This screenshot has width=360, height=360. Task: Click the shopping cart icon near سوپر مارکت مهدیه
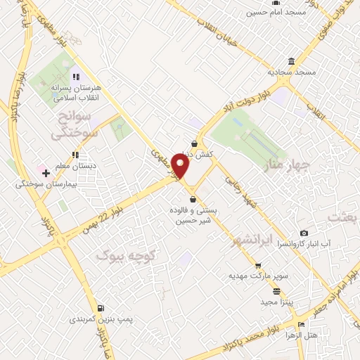pos(258,266)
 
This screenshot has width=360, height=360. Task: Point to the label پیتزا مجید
pos(271,301)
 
